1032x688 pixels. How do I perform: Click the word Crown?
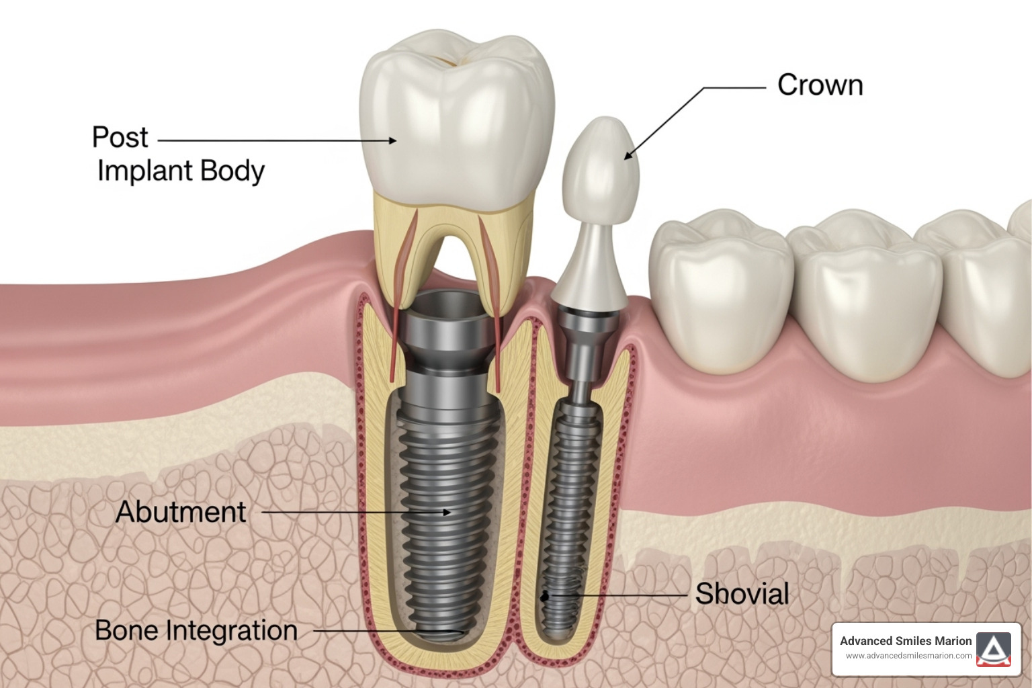[x=820, y=85]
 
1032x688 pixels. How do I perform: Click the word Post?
[x=120, y=137]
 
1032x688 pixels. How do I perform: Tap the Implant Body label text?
[x=181, y=171]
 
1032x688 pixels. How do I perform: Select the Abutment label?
[x=181, y=512]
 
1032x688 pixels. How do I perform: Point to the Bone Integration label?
[x=196, y=631]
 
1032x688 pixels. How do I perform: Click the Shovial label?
[x=742, y=594]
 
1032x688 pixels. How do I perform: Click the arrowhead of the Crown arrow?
[x=628, y=157]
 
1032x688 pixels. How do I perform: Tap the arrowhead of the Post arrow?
[x=393, y=140]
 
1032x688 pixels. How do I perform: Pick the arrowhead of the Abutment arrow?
[x=447, y=512]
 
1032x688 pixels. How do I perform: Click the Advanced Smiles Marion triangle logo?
[x=994, y=649]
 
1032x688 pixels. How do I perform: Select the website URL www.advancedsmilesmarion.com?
[x=908, y=656]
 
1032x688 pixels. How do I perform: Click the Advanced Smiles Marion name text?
[x=905, y=641]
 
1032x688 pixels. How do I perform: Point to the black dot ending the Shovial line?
[x=546, y=595]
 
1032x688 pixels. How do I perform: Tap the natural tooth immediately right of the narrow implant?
[x=722, y=289]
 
